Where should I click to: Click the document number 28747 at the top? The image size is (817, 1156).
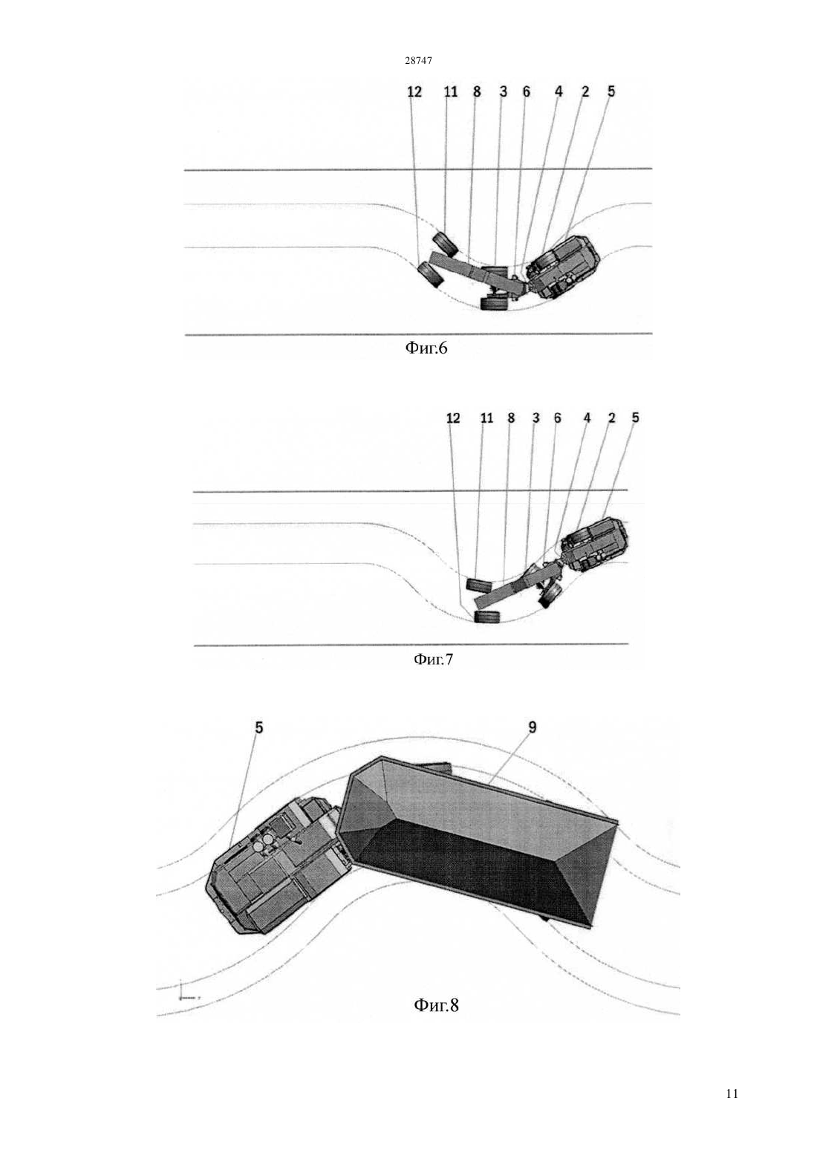(418, 60)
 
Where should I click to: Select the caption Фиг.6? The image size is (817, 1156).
(426, 348)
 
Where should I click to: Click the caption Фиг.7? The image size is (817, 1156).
(433, 659)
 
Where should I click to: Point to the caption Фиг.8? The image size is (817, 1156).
(436, 1004)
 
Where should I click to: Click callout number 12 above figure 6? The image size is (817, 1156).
(414, 91)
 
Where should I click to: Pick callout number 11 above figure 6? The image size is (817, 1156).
(451, 91)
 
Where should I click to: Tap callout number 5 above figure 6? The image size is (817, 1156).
(611, 91)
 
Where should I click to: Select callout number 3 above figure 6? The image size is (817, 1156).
(503, 91)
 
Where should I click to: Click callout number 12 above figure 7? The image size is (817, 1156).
(453, 418)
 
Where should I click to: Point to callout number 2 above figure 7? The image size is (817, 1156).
(612, 418)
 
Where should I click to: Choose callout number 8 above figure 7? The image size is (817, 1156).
(511, 418)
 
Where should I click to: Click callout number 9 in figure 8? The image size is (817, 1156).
(533, 727)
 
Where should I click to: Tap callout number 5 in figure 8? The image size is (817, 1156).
(259, 727)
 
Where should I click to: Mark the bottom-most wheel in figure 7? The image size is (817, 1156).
(487, 617)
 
